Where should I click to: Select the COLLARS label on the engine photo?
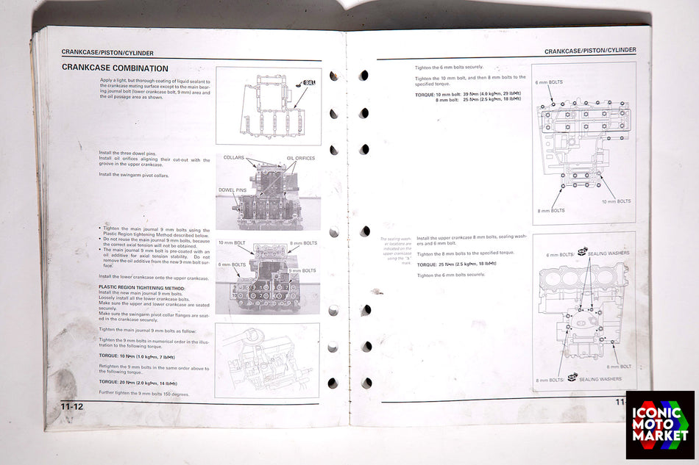pyautogui.click(x=234, y=157)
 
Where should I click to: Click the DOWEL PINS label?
pyautogui.click(x=232, y=190)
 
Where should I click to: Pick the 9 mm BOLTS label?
pyautogui.click(x=302, y=271)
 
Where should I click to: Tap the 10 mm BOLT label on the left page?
pyautogui.click(x=232, y=243)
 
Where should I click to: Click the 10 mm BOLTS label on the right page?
pyautogui.click(x=616, y=201)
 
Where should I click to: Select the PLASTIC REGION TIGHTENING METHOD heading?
pyautogui.click(x=142, y=288)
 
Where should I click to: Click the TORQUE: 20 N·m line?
pyautogui.click(x=138, y=383)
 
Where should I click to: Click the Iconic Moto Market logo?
pyautogui.click(x=660, y=425)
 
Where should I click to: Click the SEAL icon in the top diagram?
pyautogui.click(x=308, y=84)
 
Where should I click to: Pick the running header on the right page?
pyautogui.click(x=590, y=51)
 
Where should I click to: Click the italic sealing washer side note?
pyautogui.click(x=396, y=248)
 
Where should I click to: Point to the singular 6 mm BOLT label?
pyautogui.click(x=619, y=366)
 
